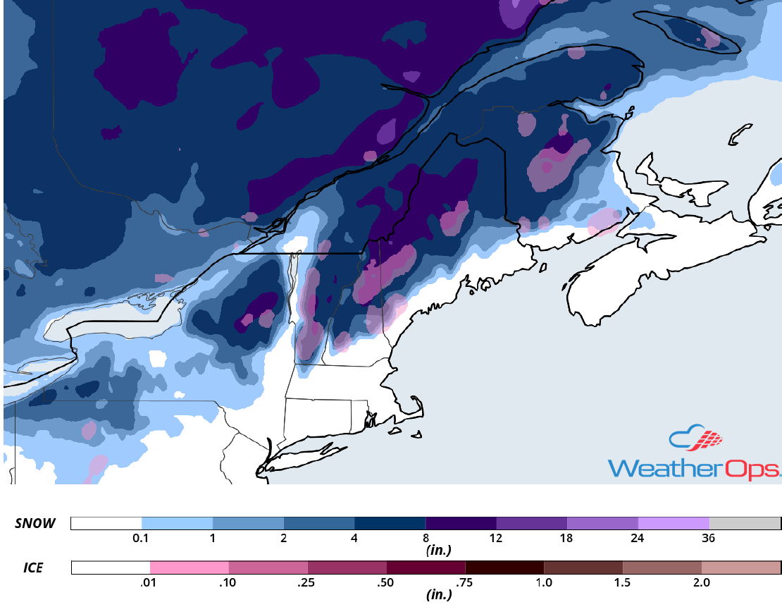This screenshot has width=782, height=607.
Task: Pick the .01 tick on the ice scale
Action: point(150,582)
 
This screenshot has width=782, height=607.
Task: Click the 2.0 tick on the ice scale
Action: point(702,582)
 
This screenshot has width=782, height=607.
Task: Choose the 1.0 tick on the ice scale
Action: point(544,582)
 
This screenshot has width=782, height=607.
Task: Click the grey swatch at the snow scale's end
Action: point(745,523)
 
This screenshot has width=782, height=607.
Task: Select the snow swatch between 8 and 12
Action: point(461,523)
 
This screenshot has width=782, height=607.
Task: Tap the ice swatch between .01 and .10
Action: point(190,568)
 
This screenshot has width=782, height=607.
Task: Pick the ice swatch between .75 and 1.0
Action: point(504,568)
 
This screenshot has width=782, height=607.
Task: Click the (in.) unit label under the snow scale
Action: point(438,549)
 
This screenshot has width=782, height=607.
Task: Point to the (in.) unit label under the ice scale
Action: point(438,594)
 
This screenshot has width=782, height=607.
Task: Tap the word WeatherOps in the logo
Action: point(694,468)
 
